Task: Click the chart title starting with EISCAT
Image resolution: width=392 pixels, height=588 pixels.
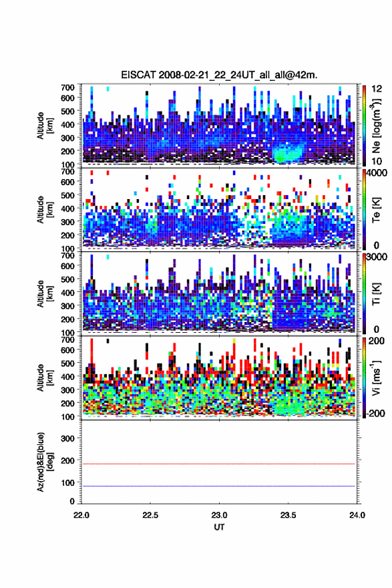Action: [x=219, y=75]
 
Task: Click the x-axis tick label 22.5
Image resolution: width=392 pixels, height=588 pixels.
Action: [x=150, y=515]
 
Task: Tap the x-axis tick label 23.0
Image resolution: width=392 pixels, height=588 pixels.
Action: [x=219, y=515]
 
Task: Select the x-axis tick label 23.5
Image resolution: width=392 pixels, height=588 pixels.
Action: [x=288, y=515]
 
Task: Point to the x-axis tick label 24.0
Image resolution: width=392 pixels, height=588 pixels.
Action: [x=357, y=515]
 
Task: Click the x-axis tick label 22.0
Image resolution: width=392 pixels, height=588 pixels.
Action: [x=81, y=515]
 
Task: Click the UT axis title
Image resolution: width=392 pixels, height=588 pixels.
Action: [x=219, y=527]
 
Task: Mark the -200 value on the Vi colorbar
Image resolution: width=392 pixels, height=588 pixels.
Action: [x=376, y=413]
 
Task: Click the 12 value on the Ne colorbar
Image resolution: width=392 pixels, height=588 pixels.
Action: [x=377, y=89]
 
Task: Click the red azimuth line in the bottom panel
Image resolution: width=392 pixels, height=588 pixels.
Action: [x=218, y=464]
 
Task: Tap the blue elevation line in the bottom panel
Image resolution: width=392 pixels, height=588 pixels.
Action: [x=218, y=486]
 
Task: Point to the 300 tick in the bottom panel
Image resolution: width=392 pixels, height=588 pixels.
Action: [x=67, y=438]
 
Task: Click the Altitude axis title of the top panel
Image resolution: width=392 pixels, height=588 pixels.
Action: [x=45, y=126]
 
